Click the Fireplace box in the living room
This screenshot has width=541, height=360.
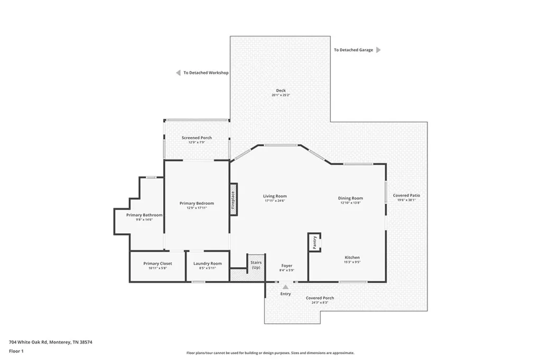pos(234,200)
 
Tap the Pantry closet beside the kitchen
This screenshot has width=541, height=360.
pos(314,242)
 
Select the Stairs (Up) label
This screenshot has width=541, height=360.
pos(256,265)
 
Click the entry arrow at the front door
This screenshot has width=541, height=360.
pos(285,287)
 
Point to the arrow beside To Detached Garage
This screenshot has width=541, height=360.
pos(378,50)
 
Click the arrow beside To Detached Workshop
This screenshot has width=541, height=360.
pos(178,73)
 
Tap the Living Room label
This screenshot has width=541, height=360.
pos(275,196)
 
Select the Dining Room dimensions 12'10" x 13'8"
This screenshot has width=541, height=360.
pos(350,203)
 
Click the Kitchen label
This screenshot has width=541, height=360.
pos(352,257)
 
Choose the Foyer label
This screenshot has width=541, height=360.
pos(287,266)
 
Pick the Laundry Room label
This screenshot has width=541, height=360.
pos(207,263)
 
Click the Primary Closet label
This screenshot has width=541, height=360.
pos(157,263)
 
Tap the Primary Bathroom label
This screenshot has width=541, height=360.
pos(144,215)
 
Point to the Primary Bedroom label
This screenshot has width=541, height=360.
pos(197,203)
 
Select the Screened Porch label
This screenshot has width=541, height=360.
pos(197,138)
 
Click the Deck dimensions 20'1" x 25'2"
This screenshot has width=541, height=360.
pos(281,95)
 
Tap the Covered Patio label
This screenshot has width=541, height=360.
pos(406,195)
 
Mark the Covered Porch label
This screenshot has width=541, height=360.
pos(320,298)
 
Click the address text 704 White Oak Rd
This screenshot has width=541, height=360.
pos(29,342)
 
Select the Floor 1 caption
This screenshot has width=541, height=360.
pos(16,351)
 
